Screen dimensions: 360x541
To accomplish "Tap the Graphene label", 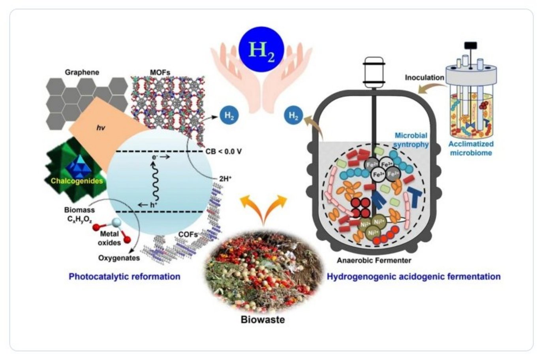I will (82, 72).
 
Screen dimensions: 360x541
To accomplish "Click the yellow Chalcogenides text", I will (77, 181).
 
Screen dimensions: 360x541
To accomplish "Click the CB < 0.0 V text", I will (224, 151).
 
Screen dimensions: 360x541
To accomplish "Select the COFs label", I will (188, 234).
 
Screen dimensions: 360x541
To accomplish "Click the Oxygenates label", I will (119, 258).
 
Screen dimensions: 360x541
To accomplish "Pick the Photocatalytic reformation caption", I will (124, 276).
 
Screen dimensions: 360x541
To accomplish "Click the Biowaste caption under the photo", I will (263, 319).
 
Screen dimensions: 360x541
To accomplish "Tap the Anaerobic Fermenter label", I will (374, 260).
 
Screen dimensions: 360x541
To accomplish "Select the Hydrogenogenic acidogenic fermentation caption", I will (413, 276).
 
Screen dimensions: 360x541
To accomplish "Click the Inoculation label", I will (425, 77).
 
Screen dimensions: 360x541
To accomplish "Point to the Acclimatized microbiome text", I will (471, 148).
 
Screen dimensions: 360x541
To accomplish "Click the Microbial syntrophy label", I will (411, 140).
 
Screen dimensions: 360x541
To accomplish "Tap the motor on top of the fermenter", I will (374, 72).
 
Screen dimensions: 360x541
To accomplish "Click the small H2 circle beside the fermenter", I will (294, 116).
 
